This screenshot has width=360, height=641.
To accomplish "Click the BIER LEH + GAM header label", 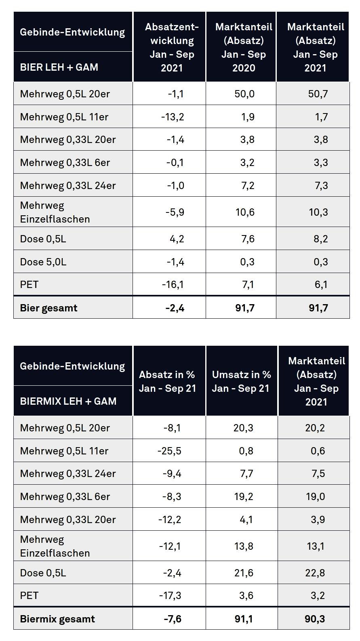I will click(x=59, y=67).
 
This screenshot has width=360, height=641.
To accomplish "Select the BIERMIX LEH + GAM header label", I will click(x=68, y=401).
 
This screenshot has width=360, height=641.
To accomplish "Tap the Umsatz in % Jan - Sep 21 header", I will click(x=241, y=381).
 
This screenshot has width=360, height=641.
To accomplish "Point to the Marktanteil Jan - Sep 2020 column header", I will click(x=244, y=47).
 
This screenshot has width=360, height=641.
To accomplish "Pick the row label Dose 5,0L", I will click(x=43, y=262).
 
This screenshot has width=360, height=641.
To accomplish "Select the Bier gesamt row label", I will click(x=48, y=308).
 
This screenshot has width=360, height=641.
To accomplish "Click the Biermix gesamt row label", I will click(x=57, y=619).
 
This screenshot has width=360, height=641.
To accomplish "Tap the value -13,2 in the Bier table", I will click(x=173, y=117).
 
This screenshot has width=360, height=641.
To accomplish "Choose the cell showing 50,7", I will click(x=318, y=94).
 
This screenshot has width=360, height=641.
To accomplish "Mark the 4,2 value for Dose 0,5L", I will click(x=177, y=239).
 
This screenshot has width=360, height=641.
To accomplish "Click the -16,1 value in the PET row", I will click(x=173, y=284).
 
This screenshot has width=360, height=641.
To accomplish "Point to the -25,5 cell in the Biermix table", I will click(x=170, y=451).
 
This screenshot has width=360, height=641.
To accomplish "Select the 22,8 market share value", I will click(x=315, y=573).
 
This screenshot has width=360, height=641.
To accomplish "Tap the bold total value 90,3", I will click(x=315, y=619).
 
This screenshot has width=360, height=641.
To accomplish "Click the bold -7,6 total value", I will click(x=173, y=619).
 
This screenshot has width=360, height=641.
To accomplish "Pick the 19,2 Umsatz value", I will click(x=244, y=496).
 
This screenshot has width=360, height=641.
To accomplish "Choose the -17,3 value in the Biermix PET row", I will click(x=170, y=595).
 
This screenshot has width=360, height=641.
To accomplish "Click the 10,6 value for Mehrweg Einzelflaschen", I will click(x=245, y=212).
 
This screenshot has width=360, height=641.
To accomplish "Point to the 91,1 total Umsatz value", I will click(x=244, y=619).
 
